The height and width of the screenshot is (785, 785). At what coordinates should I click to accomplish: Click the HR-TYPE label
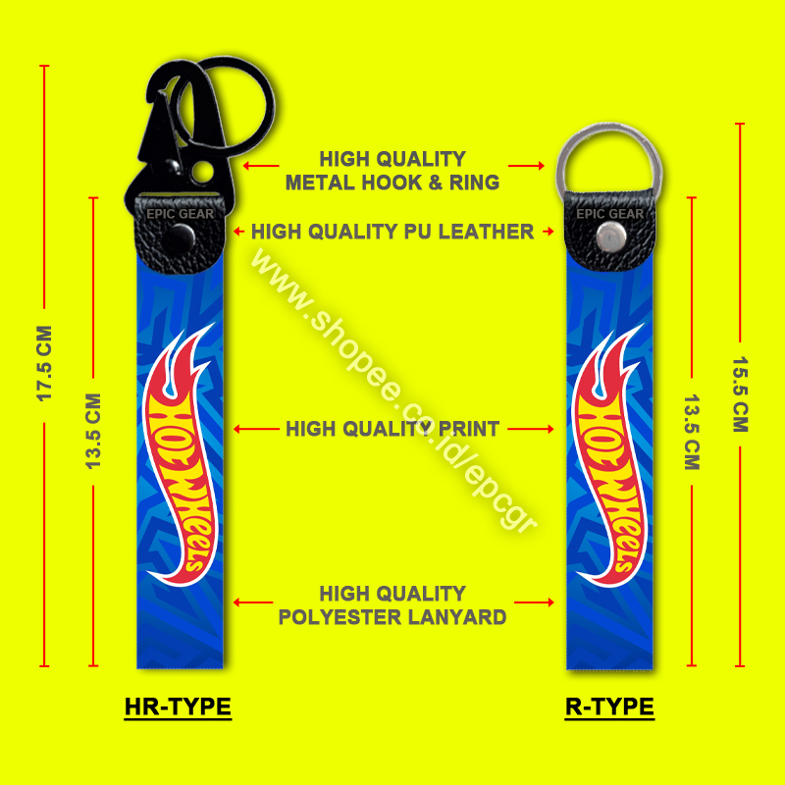point(178,706)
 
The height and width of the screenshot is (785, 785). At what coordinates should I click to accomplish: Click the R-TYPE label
point(609,706)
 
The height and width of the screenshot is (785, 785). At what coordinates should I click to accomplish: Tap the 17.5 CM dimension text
point(43,362)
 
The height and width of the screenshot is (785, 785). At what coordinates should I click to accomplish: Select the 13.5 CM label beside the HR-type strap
point(94,431)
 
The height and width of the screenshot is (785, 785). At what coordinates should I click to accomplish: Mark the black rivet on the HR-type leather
point(181,236)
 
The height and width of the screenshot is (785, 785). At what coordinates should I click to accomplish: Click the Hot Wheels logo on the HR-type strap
point(178,451)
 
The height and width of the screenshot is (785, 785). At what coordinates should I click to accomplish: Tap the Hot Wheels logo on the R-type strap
point(607,451)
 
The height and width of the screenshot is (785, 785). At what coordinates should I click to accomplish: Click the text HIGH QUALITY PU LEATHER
point(392,233)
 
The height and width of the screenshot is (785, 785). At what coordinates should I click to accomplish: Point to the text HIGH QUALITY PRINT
point(392,429)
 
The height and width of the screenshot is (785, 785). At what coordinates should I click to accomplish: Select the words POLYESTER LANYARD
point(392,617)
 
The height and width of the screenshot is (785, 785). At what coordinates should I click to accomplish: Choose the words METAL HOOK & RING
point(392,183)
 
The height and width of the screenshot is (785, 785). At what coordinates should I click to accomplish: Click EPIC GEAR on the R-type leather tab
point(610,214)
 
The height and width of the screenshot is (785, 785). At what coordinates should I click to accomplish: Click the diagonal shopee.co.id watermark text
point(392,392)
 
